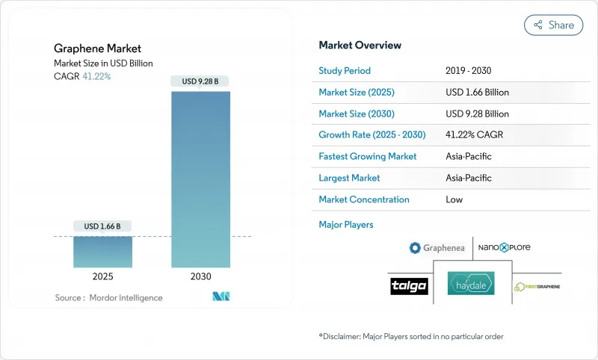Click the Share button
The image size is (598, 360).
(553, 25)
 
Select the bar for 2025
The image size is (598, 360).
(102, 252)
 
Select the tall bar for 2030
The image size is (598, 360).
(200, 179)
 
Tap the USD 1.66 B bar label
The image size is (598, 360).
(102, 226)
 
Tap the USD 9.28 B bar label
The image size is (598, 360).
(200, 81)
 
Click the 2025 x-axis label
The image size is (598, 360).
(102, 276)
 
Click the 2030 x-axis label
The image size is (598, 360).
(200, 276)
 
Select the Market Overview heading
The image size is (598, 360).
(360, 45)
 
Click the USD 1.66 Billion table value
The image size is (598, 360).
(477, 93)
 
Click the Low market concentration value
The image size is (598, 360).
(454, 199)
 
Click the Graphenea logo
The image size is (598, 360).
(437, 248)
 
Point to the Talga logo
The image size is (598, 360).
(409, 286)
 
